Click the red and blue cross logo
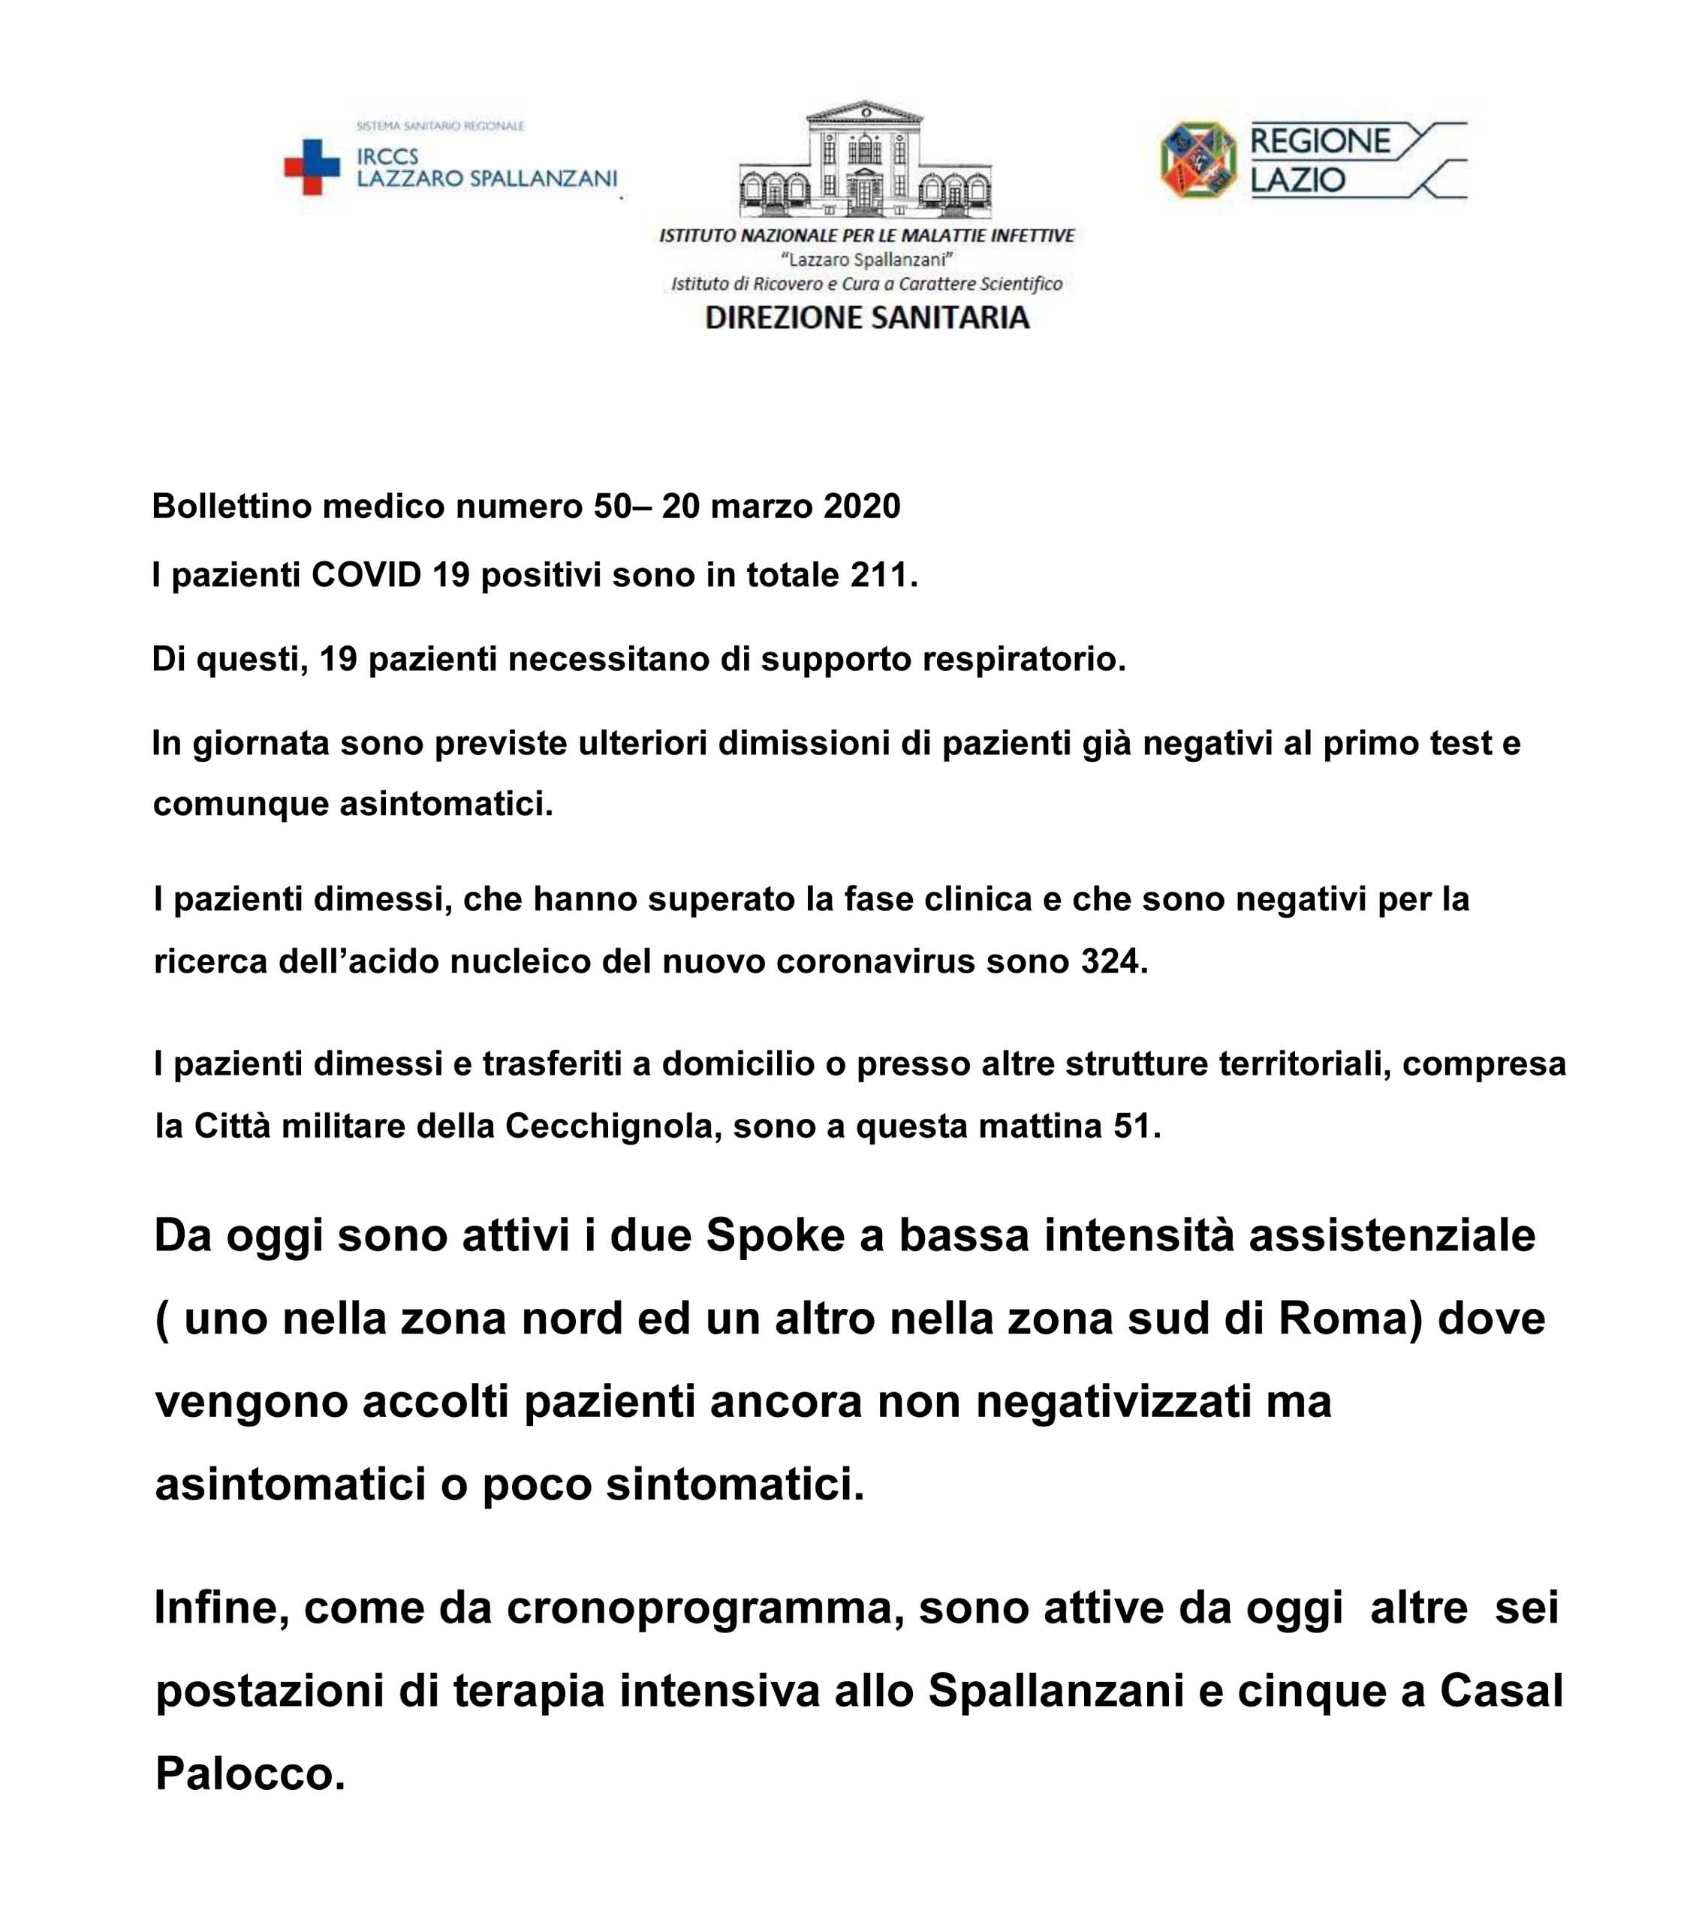[x=312, y=167]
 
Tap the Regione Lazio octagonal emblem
[x=1197, y=160]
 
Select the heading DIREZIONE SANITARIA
[x=866, y=317]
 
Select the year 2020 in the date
[x=862, y=507]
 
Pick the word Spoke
[x=775, y=1235]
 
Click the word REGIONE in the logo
[x=1320, y=142]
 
